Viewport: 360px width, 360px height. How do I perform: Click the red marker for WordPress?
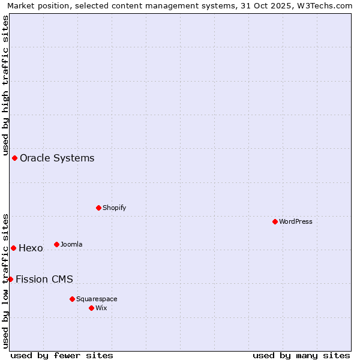tap(275, 221)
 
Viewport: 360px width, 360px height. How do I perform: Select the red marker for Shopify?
tap(99, 208)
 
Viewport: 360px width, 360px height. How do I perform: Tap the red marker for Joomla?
tap(57, 244)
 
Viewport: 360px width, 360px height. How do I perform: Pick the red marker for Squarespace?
tap(73, 299)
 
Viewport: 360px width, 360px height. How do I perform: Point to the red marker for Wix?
tap(92, 308)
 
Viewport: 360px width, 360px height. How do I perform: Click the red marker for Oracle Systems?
tap(15, 158)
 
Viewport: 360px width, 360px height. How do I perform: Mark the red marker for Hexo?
tap(14, 248)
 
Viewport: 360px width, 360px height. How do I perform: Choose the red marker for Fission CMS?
tap(10, 279)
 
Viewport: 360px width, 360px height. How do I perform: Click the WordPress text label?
tap(296, 221)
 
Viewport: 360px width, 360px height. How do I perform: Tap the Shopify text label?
tap(114, 208)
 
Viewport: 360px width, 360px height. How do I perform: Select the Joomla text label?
tap(71, 244)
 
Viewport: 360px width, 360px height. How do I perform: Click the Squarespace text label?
tap(97, 299)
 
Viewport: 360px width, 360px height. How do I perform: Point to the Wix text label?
tap(101, 308)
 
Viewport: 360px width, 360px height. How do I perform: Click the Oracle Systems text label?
tap(57, 158)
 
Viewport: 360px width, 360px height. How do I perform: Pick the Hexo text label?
tap(31, 248)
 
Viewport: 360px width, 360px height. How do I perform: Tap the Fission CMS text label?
tap(44, 279)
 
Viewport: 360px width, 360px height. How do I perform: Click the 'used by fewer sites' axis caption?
tap(62, 355)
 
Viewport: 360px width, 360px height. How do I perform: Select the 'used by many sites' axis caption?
tap(301, 355)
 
